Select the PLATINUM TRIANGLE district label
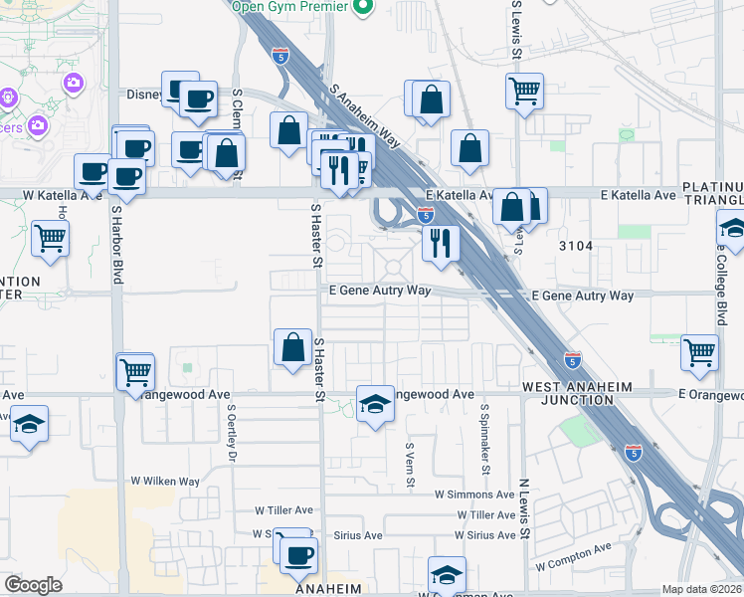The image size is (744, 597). pyautogui.click(x=712, y=194)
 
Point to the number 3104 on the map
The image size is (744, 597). pyautogui.click(x=575, y=246)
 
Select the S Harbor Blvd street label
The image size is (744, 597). pyautogui.click(x=116, y=245)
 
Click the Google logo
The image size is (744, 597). pyautogui.click(x=33, y=585)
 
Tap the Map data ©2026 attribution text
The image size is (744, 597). pyautogui.click(x=701, y=589)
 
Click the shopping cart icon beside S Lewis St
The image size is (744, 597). pyautogui.click(x=524, y=92)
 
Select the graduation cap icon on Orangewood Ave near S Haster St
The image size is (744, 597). pyautogui.click(x=375, y=403)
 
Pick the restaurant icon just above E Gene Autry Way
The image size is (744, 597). pyautogui.click(x=439, y=242)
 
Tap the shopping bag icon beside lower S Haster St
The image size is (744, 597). pyautogui.click(x=293, y=348)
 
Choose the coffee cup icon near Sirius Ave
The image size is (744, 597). pyautogui.click(x=297, y=554)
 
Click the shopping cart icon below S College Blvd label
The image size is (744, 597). pyautogui.click(x=700, y=351)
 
